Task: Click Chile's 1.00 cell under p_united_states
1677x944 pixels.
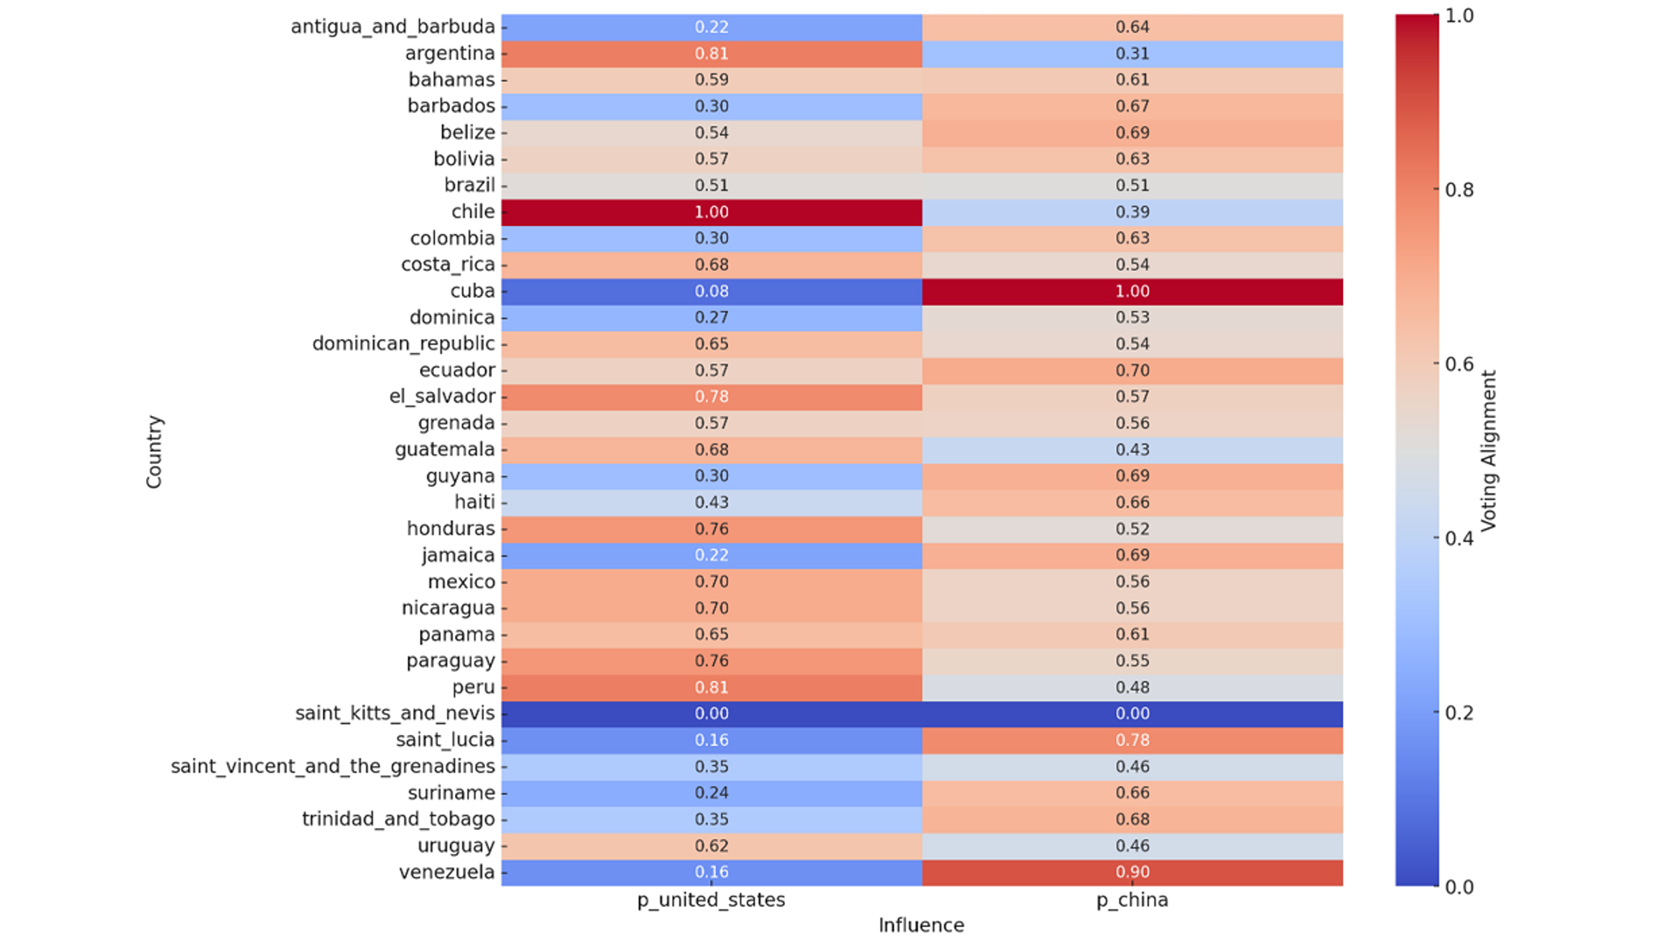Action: coord(711,212)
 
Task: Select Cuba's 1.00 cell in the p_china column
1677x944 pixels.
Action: coord(1132,291)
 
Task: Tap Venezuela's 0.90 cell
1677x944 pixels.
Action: coord(1132,872)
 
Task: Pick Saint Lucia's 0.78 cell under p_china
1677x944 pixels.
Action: coord(1132,740)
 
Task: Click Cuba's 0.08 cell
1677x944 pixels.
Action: coord(711,291)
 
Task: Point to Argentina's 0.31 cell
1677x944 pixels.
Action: coord(1132,53)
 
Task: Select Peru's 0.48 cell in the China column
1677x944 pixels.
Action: coord(1132,687)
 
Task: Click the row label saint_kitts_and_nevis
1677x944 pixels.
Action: coord(395,713)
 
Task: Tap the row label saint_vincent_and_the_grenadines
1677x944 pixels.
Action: coord(333,766)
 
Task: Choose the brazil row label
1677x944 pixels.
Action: coord(470,185)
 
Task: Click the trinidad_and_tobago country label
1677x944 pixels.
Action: coord(398,819)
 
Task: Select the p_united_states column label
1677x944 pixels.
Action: coord(711,900)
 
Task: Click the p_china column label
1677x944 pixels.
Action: coord(1132,900)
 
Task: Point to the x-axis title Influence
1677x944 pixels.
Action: coord(921,925)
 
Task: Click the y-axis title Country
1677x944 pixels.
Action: coord(154,452)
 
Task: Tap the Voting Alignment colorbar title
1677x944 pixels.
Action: coord(1489,451)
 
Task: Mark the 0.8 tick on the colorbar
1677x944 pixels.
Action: coord(1459,189)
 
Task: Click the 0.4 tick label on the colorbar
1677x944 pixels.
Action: coord(1459,538)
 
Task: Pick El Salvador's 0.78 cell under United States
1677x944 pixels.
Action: coord(711,396)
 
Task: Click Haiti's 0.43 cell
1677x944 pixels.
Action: coord(711,502)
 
